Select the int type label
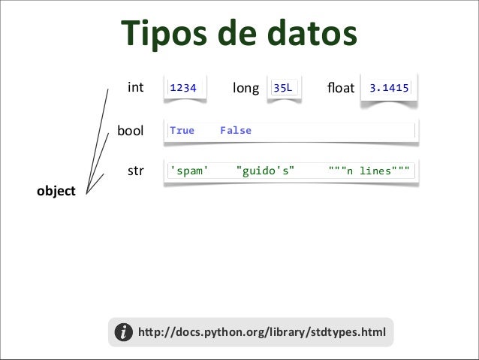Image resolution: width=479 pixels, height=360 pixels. coord(135,88)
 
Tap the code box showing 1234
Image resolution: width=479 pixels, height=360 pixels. coord(184,89)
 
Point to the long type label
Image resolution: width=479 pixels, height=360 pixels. coord(246,89)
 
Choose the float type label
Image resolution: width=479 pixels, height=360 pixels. coord(340,89)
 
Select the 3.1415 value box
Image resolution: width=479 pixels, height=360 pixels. coord(389,89)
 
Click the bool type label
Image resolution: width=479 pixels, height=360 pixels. coord(131,131)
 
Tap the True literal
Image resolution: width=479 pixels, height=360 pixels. coord(182,131)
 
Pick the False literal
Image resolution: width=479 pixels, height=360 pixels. coord(236,131)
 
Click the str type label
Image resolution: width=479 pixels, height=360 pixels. coord(135,171)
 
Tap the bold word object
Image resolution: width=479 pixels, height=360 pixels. coord(56,192)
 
